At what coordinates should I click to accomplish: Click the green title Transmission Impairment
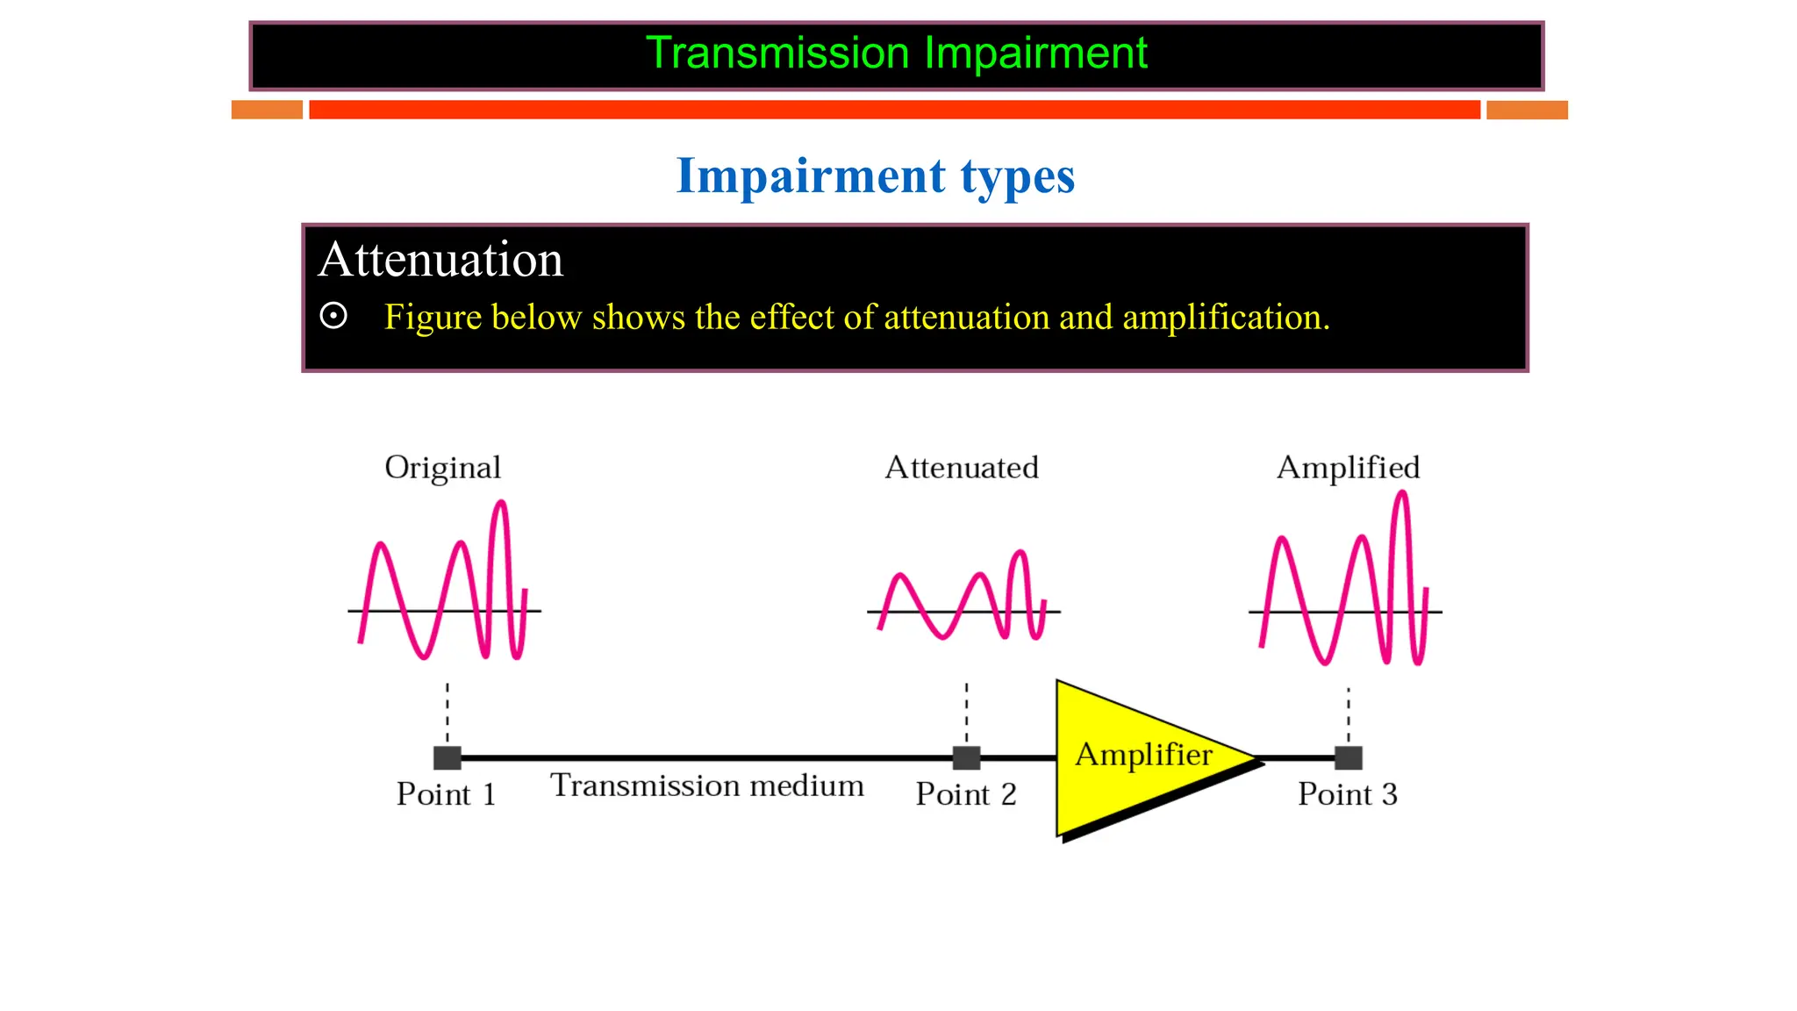[896, 54]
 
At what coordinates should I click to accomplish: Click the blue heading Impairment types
[875, 176]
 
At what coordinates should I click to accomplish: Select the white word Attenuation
[440, 260]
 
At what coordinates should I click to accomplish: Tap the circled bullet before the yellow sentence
[333, 316]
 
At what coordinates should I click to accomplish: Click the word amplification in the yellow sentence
[1225, 318]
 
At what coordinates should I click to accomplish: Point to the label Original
[442, 468]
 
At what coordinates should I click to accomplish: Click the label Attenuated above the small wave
[961, 468]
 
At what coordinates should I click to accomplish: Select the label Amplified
[1348, 468]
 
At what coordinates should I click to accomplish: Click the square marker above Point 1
[447, 757]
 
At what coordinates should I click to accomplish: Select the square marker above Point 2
[966, 757]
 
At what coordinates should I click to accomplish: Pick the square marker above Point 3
[1349, 757]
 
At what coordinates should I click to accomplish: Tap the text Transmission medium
[706, 785]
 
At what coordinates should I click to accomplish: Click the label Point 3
[1347, 794]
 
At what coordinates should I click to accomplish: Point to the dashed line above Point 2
[966, 713]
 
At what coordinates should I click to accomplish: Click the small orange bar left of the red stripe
[267, 110]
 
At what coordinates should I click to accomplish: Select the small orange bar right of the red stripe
[1527, 110]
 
